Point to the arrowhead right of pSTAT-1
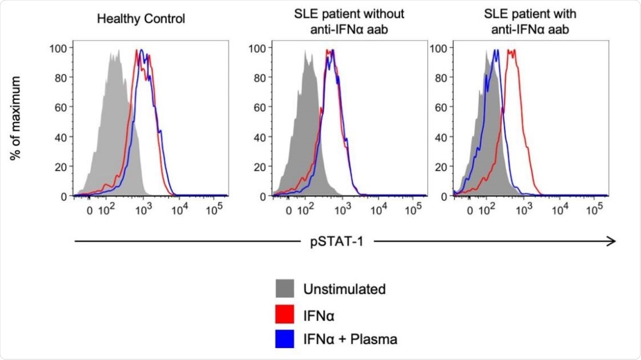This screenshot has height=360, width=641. pyautogui.click(x=612, y=241)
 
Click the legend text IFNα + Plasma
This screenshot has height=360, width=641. pyautogui.click(x=349, y=339)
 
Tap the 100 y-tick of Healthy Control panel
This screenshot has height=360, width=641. pyautogui.click(x=59, y=46)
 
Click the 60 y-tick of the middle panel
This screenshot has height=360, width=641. pyautogui.click(x=258, y=106)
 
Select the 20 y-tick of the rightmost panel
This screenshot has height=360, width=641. pyautogui.click(x=439, y=166)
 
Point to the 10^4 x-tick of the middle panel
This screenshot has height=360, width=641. pyautogui.click(x=378, y=211)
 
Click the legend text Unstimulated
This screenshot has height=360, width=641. pyautogui.click(x=344, y=289)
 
